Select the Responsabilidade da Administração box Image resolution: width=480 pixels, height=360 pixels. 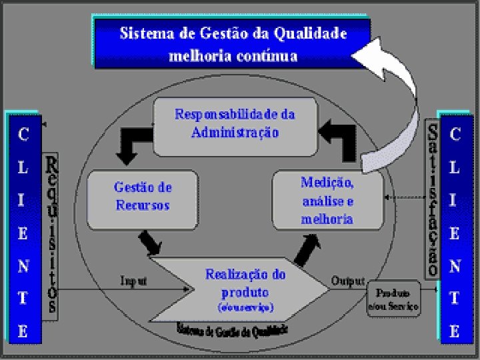tap(235, 124)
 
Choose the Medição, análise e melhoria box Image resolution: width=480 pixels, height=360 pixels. tap(327, 199)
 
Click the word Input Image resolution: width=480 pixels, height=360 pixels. tap(133, 281)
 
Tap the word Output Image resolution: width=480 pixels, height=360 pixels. tap(347, 281)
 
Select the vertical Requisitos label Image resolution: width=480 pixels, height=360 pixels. tap(51, 235)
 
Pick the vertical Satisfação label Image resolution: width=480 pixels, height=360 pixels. tap(432, 198)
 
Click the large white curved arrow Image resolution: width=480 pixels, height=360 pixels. tap(400, 100)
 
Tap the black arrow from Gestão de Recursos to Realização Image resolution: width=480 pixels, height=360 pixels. tap(151, 242)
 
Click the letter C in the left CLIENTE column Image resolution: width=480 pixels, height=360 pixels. tap(23, 135)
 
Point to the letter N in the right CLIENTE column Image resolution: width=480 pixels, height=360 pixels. tap(455, 266)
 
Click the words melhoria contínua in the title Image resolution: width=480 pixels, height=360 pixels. tap(233, 55)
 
